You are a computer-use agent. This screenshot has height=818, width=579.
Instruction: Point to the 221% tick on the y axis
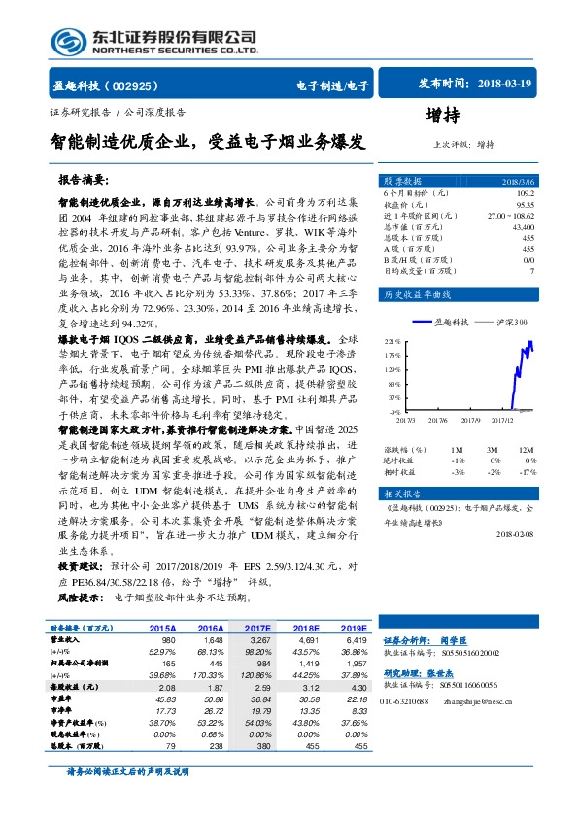point(392,343)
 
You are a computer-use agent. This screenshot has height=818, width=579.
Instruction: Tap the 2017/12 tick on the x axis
point(504,420)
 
